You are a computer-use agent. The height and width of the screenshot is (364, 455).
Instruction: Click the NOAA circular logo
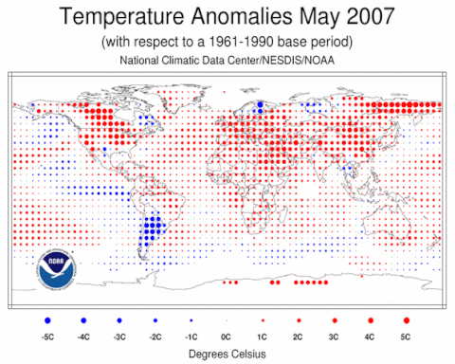coord(55,268)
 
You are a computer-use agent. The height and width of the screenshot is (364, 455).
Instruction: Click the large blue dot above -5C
coord(46,321)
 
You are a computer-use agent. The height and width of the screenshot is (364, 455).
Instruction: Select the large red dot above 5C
coord(407,321)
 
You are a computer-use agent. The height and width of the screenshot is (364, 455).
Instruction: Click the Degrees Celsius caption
coord(227,354)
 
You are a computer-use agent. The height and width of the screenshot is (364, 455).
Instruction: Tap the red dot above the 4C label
coord(371,321)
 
